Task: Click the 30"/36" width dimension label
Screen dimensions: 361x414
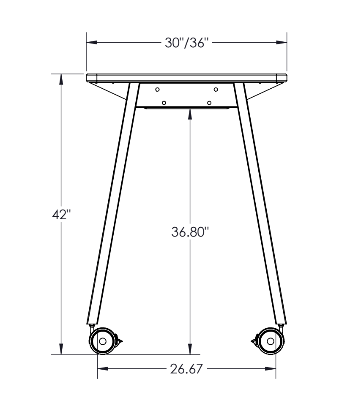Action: (186, 43)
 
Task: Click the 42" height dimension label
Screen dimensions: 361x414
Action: (61, 215)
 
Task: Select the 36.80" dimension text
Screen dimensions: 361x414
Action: (190, 232)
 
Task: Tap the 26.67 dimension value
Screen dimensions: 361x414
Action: (186, 369)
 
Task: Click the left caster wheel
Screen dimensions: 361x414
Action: (103, 341)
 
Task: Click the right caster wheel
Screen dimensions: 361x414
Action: (271, 341)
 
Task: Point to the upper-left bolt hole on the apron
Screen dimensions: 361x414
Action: (157, 90)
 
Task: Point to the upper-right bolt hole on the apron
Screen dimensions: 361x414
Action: (216, 90)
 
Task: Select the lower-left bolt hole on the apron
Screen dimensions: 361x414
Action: (164, 103)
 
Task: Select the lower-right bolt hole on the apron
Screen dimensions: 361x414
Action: (209, 103)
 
